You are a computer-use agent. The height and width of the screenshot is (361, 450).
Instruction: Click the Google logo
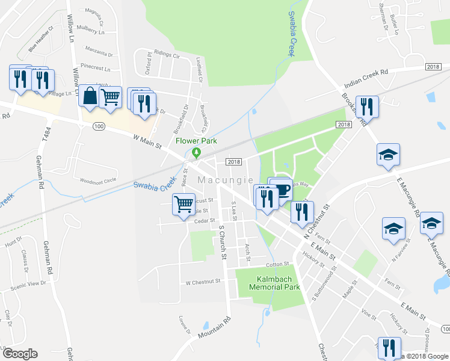click(x=20, y=354)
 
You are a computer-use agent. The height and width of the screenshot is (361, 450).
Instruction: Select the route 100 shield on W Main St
click(x=99, y=126)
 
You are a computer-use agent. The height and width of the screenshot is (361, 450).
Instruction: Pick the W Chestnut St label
click(x=205, y=282)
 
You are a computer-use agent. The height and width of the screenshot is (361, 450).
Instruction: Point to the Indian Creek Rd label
click(x=366, y=79)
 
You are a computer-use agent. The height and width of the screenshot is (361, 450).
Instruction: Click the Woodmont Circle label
click(x=97, y=180)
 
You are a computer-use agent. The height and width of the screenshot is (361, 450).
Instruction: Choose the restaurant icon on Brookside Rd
click(x=367, y=106)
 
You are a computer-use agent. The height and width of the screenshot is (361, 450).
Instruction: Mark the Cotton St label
click(x=277, y=264)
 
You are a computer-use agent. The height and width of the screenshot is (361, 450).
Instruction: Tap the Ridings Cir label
click(x=167, y=55)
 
